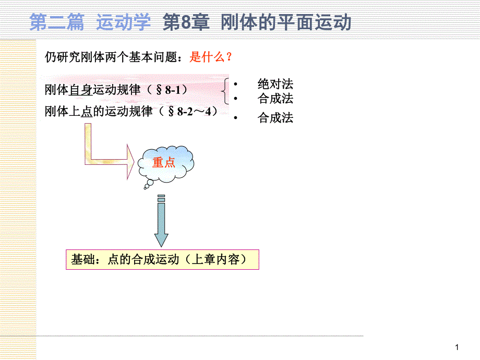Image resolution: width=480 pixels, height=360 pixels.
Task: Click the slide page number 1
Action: [457, 347]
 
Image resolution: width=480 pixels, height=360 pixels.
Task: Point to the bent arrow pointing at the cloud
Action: [104, 157]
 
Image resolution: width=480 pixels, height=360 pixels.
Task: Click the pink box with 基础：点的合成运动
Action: [162, 259]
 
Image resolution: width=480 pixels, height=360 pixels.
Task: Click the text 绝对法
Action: [275, 84]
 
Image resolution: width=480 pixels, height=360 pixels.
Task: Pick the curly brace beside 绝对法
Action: [225, 91]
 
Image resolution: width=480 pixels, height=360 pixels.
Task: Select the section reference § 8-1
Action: [169, 90]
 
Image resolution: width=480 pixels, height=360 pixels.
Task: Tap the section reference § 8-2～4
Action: [188, 111]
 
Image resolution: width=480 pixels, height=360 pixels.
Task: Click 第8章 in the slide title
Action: [186, 23]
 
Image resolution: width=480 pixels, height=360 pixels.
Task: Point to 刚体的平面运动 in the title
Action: [286, 23]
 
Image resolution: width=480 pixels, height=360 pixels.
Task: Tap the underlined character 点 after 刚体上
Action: [87, 112]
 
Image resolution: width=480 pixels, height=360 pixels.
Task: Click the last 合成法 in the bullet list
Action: [275, 118]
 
